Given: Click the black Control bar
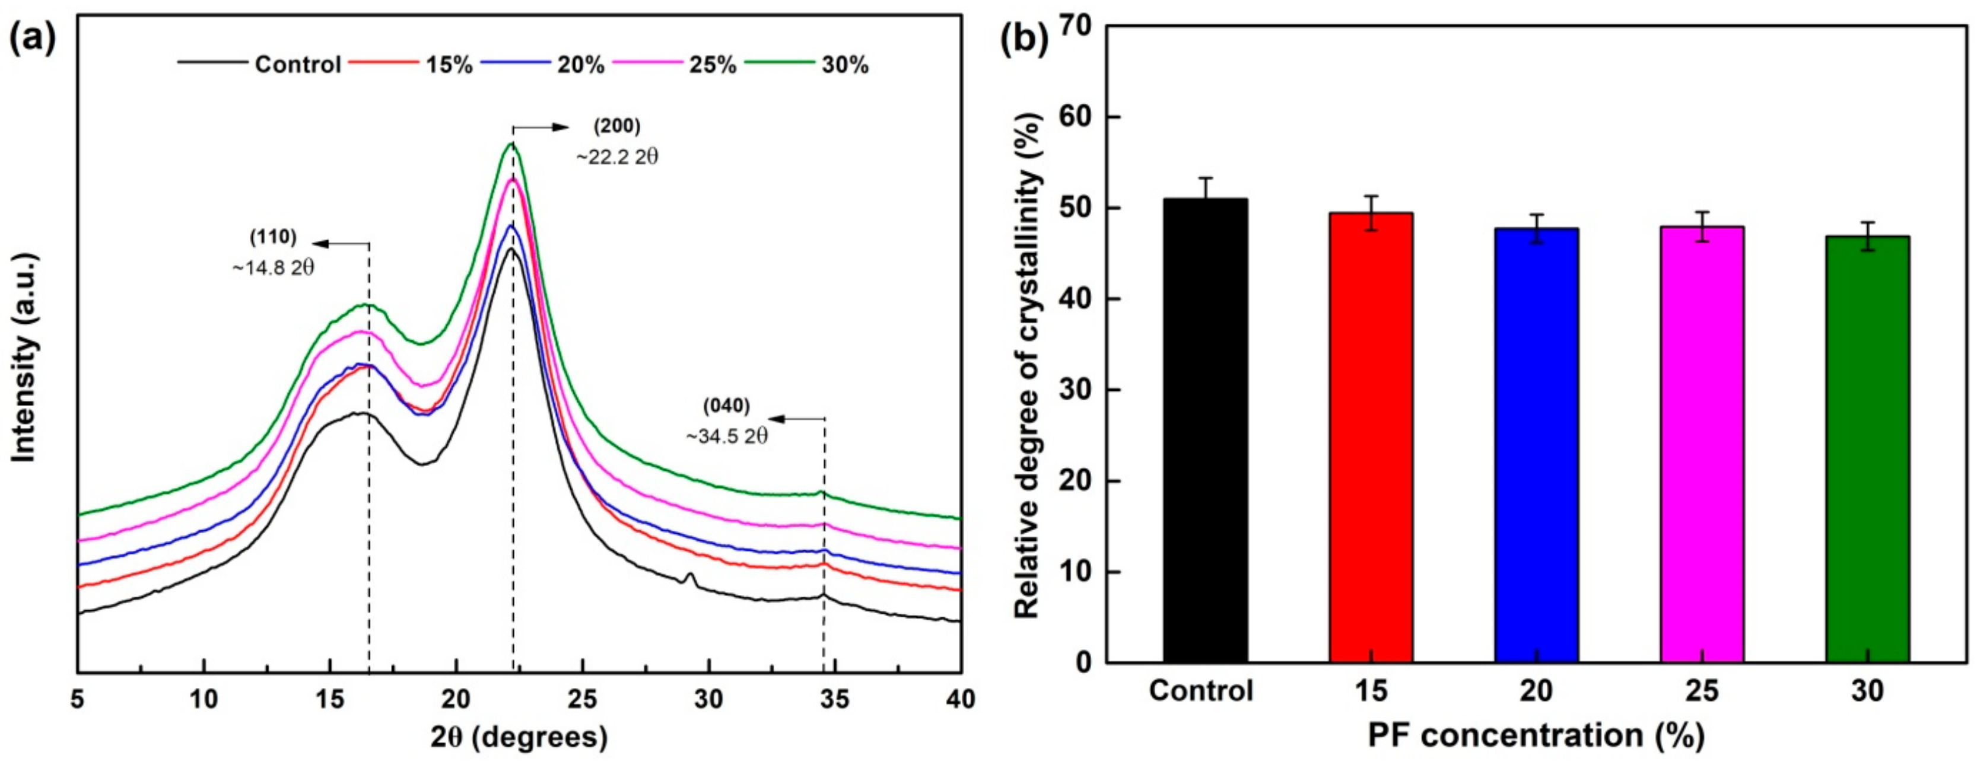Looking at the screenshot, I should click(1205, 430).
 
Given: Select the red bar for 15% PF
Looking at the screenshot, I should click(1371, 438).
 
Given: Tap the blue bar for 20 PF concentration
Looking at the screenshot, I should click(1537, 445).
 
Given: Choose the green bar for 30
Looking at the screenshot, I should click(1868, 449).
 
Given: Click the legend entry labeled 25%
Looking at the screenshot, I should click(712, 65).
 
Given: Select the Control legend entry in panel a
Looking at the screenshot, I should click(297, 65).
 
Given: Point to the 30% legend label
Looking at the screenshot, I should click(845, 65).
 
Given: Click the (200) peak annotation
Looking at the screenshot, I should click(616, 126).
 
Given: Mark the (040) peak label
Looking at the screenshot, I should click(726, 405).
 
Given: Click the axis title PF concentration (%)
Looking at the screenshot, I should click(1537, 735).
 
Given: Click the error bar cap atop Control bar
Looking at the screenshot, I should click(1205, 178).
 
